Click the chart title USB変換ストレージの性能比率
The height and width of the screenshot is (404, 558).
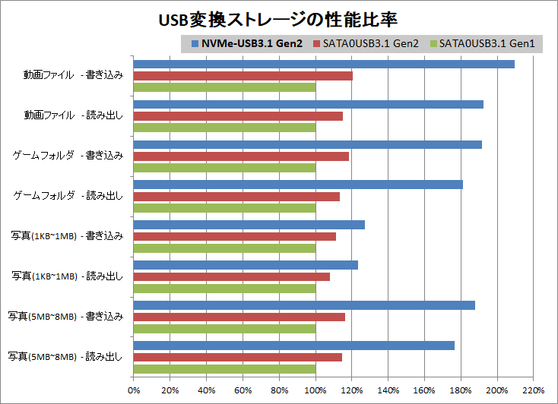point(279,18)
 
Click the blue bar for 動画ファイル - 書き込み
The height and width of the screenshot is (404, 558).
point(324,64)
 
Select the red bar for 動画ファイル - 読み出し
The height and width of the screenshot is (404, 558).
point(238,116)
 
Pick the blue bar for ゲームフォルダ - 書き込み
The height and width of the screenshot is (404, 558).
point(308,144)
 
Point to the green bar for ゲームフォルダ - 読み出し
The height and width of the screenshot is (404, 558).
point(225,208)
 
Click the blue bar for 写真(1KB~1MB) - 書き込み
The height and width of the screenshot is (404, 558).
point(249,224)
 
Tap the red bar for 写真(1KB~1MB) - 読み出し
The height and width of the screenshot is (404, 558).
point(232,276)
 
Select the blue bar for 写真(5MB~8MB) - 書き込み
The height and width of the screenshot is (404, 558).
point(304,305)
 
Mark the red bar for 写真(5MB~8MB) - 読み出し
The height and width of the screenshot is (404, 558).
point(238,357)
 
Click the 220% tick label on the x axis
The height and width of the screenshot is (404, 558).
point(534,390)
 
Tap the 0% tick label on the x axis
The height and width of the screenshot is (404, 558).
point(134,390)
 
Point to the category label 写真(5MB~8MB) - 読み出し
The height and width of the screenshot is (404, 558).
point(65,356)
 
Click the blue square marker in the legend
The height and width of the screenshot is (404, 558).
point(195,44)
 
